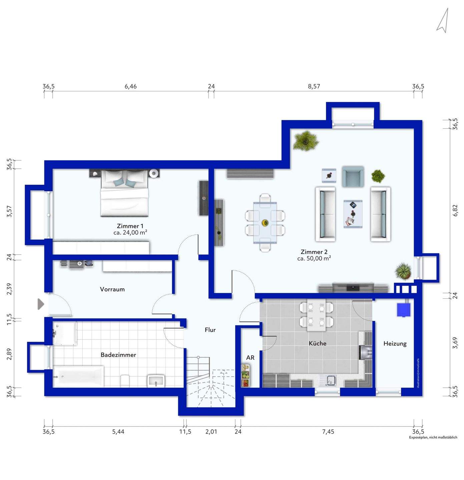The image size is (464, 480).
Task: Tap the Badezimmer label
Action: [x=118, y=355]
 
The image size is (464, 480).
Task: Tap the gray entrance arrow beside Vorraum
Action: [x=41, y=304]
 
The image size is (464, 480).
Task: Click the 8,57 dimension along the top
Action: [x=314, y=86]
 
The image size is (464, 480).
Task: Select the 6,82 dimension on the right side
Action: [x=455, y=210]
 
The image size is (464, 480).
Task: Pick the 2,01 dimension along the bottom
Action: [x=211, y=431]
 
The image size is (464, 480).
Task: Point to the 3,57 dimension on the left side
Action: [x=9, y=211]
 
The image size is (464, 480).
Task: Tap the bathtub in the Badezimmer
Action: [x=78, y=376]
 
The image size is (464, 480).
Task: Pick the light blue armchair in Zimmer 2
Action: [x=353, y=177]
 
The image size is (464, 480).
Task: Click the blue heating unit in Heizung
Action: [x=404, y=310]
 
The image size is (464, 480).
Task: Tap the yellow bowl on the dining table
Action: [x=265, y=222]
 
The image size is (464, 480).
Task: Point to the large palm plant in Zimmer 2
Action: [x=306, y=141]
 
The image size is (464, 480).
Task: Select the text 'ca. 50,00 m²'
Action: [x=314, y=258]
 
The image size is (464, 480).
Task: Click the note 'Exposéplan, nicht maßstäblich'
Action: [x=433, y=437]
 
